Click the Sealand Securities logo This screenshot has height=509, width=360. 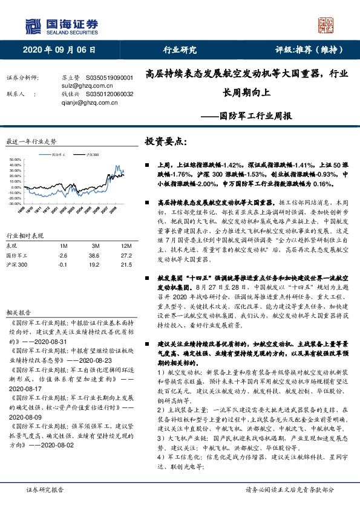(x=61, y=25)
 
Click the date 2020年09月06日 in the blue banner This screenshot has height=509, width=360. (x=60, y=50)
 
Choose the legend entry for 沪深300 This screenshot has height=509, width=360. (x=93, y=155)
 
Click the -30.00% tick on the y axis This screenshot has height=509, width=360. (x=15, y=204)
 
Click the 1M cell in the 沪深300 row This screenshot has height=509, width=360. (x=63, y=265)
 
